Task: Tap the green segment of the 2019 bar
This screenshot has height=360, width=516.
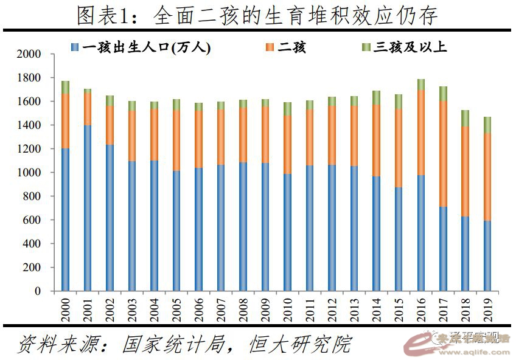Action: coord(487,125)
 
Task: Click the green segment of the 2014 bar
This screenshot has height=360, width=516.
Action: coord(376,97)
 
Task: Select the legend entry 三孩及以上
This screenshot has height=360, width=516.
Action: coord(410,47)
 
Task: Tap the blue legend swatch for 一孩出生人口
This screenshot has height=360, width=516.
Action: coord(74,47)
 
